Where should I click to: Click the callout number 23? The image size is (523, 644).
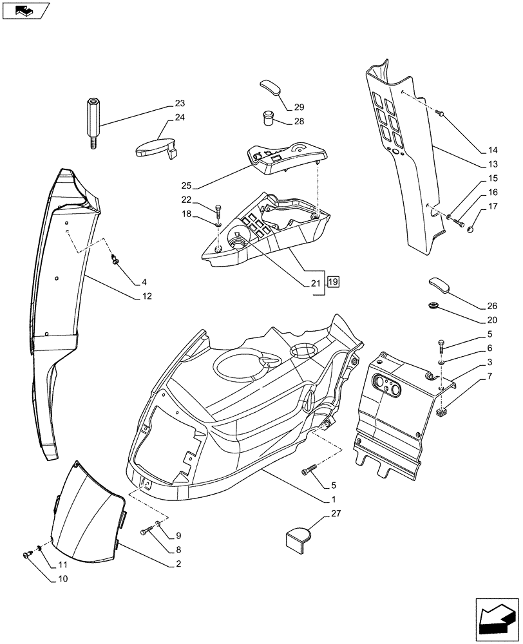[x=179, y=104]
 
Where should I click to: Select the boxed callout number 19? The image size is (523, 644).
[x=333, y=281]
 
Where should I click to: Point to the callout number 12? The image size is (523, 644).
[x=147, y=297]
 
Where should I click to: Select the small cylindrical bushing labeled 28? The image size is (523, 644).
[x=268, y=119]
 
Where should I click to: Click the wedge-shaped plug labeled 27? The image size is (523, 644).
[x=297, y=539]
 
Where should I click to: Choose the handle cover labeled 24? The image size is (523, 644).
[x=155, y=147]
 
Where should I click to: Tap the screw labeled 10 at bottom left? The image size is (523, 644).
[x=28, y=554]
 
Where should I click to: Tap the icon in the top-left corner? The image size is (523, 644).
[x=24, y=10]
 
